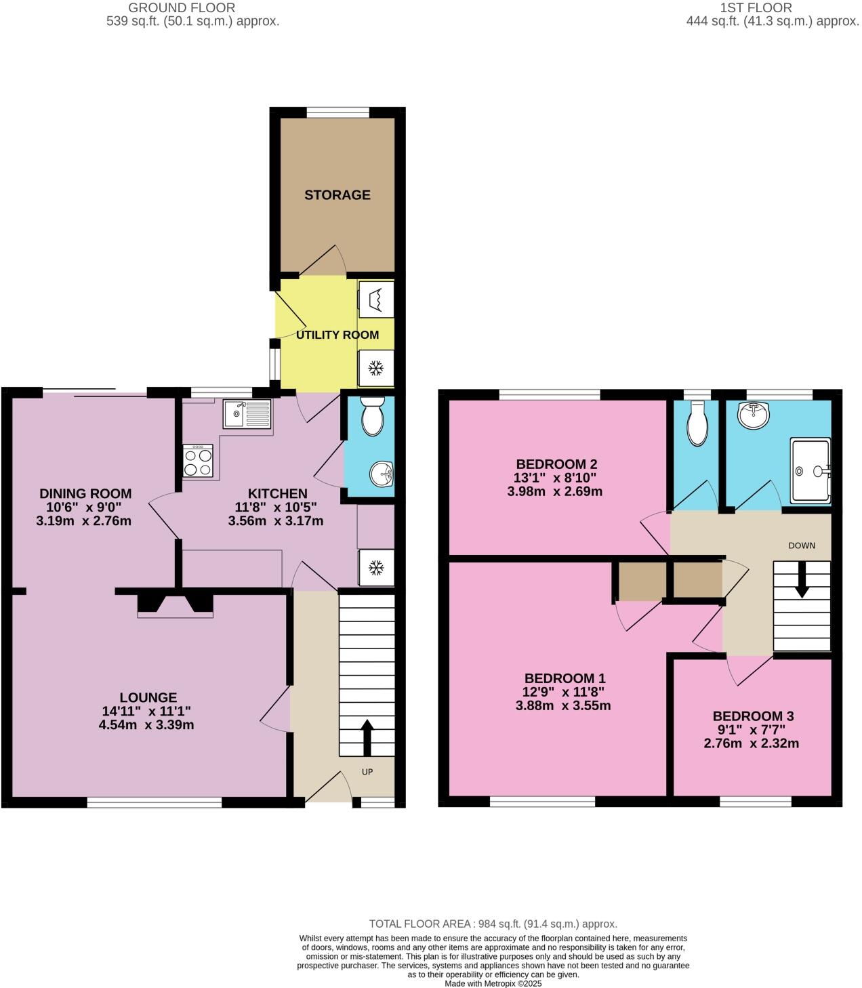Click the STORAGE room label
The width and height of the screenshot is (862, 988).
point(337,195)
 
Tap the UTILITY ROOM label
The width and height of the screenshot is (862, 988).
point(337,335)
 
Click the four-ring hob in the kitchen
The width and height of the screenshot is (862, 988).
point(198,462)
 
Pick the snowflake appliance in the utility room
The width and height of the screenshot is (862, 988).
point(375,369)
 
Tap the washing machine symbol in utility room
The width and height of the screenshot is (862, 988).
point(375,298)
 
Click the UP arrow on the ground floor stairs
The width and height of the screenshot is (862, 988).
point(367,737)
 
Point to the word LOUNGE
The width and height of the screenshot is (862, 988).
point(148,697)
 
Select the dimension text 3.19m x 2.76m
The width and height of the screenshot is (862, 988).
point(85,521)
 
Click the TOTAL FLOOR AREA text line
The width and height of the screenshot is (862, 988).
point(493,924)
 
